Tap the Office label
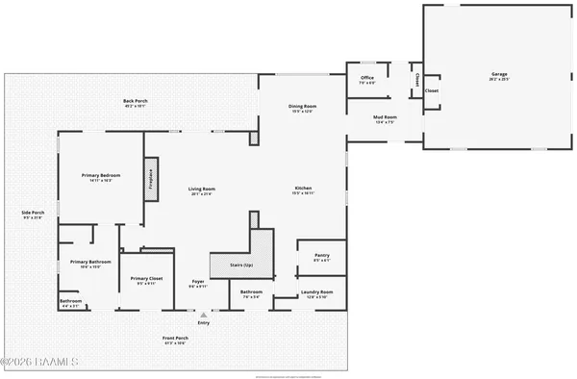[x=366, y=79]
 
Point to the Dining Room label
[x=303, y=108]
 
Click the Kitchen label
[x=303, y=189]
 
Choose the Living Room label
[x=201, y=190]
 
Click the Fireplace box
[x=151, y=179]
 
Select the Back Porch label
[x=135, y=102]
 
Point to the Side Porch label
[x=34, y=215]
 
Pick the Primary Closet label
[x=147, y=281]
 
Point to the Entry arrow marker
[x=203, y=313]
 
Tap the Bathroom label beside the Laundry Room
[x=252, y=293]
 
